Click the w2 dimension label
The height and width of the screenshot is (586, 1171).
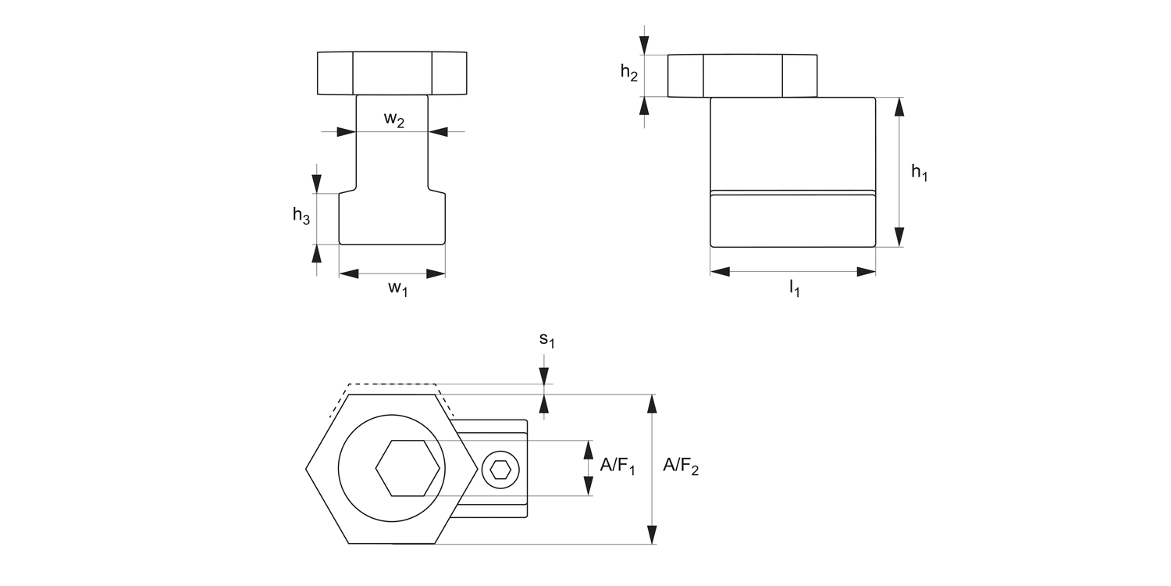[x=393, y=120]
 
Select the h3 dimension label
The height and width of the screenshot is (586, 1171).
[x=301, y=216]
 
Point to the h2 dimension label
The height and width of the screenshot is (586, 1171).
[x=629, y=73]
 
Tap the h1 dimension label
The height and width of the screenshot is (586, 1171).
[x=920, y=173]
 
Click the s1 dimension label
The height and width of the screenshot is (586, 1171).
[x=546, y=341]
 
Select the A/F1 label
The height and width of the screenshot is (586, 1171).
[x=617, y=466]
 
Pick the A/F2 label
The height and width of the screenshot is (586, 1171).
[x=681, y=466]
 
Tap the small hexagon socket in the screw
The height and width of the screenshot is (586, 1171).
[x=499, y=470]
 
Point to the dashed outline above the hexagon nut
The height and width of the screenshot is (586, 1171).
[x=391, y=384]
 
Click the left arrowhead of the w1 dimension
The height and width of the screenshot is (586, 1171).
[x=348, y=273]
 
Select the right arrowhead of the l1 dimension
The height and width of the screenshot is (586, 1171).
[x=867, y=272]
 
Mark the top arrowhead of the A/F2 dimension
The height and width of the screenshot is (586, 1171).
[x=652, y=403]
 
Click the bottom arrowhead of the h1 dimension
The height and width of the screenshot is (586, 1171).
[x=899, y=238]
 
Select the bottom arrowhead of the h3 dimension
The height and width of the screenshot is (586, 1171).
[x=316, y=252]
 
